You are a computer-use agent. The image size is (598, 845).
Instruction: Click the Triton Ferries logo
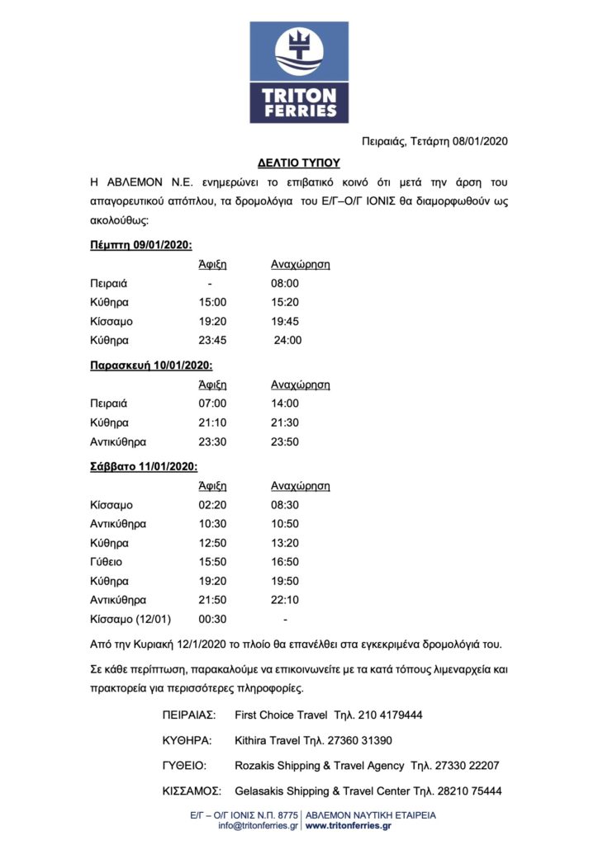[299, 73]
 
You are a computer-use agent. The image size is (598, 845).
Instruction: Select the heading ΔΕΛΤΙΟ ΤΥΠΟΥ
[299, 163]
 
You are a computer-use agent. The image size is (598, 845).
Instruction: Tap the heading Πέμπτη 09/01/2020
[140, 244]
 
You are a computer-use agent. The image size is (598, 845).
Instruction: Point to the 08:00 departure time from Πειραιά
[285, 283]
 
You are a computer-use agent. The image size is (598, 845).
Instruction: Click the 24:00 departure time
[287, 340]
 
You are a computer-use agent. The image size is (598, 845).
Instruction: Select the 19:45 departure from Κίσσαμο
[285, 321]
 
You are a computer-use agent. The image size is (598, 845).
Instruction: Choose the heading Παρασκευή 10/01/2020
[151, 365]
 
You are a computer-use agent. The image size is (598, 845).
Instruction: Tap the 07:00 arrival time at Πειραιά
[211, 404]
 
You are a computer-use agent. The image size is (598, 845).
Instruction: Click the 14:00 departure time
[285, 404]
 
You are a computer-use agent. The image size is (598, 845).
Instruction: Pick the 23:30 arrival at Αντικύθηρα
[211, 441]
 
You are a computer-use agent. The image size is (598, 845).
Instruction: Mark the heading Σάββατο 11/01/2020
[143, 466]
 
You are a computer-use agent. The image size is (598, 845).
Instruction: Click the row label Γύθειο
[107, 562]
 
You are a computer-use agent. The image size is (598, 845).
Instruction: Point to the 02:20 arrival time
[211, 505]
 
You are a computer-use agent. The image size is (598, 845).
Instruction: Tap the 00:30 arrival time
[211, 619]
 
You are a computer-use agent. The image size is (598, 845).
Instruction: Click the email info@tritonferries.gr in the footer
[259, 825]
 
